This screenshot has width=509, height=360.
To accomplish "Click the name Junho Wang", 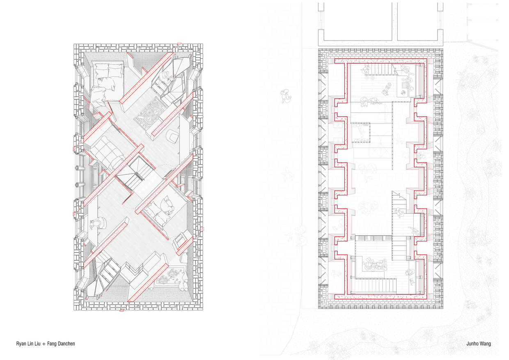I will pos(479,344).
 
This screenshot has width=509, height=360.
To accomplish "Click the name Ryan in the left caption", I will pos(21,344).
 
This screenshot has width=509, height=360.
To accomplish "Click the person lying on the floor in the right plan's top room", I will pos(386,87).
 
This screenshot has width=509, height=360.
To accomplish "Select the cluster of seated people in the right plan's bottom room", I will pos(374,264).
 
